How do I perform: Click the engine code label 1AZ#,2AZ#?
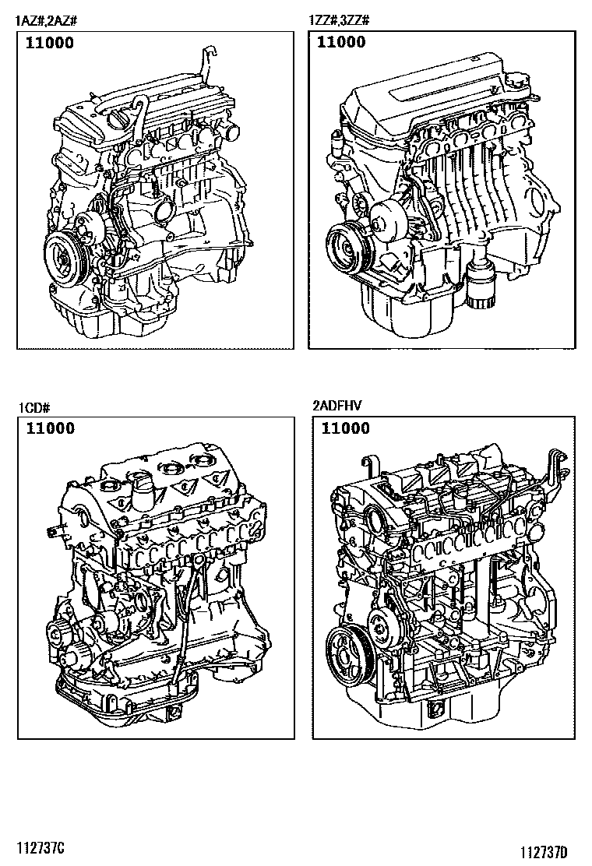46,21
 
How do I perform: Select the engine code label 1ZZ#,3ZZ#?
339,20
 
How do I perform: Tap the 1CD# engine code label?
34,408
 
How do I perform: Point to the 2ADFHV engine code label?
337,406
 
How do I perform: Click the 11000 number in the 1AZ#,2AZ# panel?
50,43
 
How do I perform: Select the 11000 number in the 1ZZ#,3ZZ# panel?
341,42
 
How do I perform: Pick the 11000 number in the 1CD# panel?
51,428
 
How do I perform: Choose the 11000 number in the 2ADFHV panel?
346,428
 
